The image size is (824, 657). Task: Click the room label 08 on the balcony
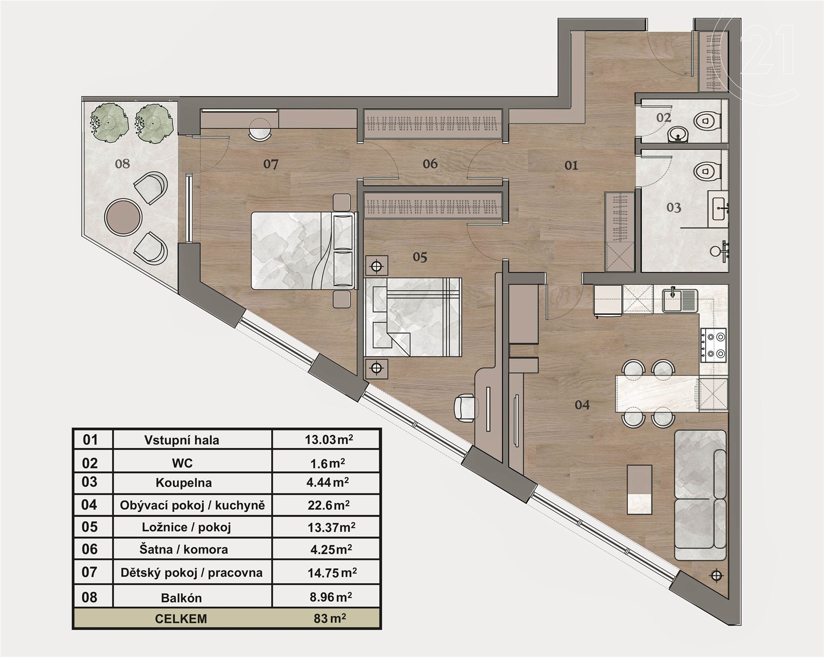click(122, 164)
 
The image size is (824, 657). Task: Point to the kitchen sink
click(680, 300)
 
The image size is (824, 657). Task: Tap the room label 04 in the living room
click(582, 405)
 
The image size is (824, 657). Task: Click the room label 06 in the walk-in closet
click(430, 164)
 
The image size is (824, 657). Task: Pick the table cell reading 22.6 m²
click(329, 505)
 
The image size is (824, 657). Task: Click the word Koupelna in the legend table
click(184, 483)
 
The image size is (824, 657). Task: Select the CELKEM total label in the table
click(181, 619)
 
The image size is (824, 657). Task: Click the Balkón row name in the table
click(181, 598)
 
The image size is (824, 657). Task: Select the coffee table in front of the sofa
click(639, 489)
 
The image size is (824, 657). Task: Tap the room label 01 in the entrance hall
click(571, 165)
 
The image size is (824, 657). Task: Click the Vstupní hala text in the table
click(182, 440)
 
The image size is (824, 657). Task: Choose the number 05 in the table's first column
click(90, 527)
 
